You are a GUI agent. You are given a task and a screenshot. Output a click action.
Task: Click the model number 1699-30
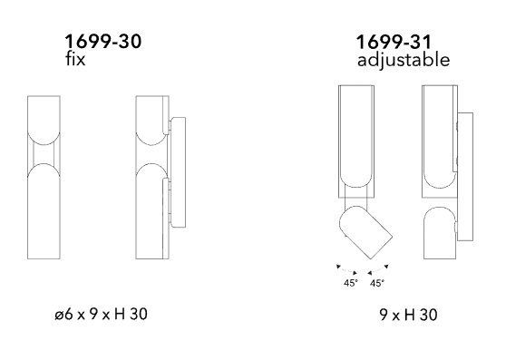tap(103, 42)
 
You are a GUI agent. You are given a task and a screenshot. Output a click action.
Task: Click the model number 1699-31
tap(394, 42)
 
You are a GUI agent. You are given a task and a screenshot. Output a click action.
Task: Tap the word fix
tap(75, 59)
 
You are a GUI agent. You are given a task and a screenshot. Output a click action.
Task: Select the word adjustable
tap(404, 60)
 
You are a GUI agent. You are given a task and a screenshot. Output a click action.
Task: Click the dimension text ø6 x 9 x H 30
tap(101, 314)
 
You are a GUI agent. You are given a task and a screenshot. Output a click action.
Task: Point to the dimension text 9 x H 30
tap(409, 315)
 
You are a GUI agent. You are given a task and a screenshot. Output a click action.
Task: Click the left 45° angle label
tap(351, 283)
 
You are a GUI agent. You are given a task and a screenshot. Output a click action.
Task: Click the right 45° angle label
tap(377, 283)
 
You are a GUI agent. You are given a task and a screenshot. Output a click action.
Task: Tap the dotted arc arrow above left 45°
tap(347, 270)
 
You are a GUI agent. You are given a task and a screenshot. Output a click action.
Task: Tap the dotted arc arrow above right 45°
tap(378, 270)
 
